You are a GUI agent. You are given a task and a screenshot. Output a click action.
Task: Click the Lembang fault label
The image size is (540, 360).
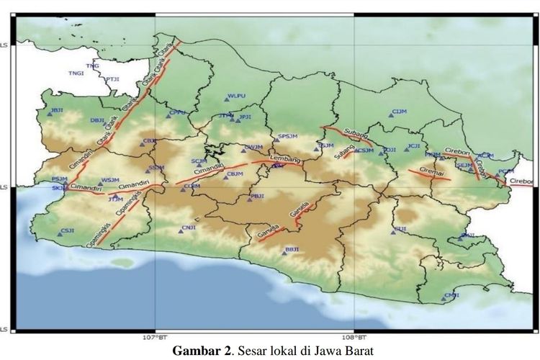click(x=282, y=157)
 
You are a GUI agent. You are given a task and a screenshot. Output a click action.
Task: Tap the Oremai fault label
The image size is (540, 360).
click(x=431, y=166)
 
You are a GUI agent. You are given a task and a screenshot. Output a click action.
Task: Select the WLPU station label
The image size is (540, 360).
click(x=236, y=96)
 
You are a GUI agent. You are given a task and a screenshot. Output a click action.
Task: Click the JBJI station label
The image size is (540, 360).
click(x=55, y=110)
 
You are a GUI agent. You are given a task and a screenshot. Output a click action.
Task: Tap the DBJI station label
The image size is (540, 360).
click(x=97, y=120)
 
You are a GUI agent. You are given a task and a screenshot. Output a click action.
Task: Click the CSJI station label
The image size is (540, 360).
click(x=68, y=230)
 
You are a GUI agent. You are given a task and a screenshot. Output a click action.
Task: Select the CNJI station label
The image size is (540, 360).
click(x=189, y=228)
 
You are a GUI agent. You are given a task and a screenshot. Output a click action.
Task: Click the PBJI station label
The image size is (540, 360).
click(x=257, y=196)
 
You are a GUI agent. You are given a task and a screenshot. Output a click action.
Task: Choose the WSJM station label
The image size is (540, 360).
click(x=110, y=180)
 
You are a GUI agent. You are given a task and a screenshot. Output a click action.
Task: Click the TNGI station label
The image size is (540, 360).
click(x=76, y=73)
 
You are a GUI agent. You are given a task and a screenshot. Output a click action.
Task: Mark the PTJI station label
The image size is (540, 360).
click(x=113, y=79)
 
